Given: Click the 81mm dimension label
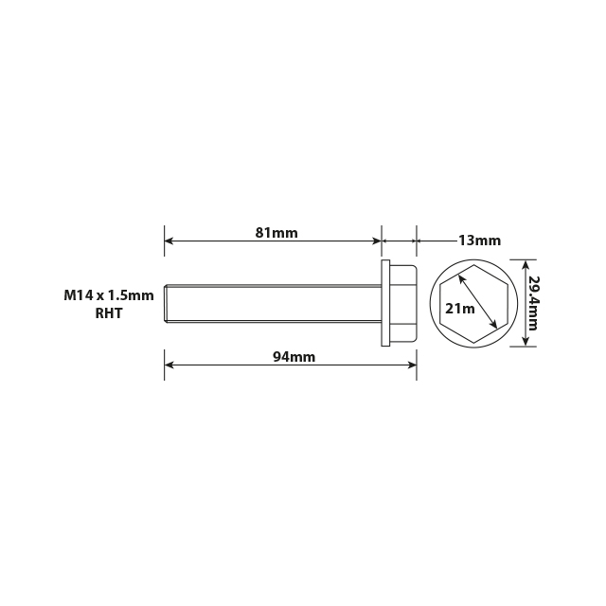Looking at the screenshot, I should [276, 232].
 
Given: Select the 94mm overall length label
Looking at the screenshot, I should [294, 357].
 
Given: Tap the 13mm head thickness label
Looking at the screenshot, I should [479, 241].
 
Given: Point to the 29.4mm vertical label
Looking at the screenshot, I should [533, 303].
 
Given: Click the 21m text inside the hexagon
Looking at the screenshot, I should [459, 308].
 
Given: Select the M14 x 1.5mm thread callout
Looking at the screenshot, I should [109, 295].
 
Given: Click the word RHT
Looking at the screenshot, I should [109, 313].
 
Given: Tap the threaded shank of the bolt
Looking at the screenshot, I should [275, 303].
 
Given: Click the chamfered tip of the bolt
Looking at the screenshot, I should [168, 303].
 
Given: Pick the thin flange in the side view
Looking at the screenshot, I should [385, 303].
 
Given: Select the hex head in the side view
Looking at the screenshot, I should [402, 303].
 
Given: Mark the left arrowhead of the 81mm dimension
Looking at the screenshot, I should [169, 241].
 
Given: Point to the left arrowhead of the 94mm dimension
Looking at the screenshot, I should [169, 365].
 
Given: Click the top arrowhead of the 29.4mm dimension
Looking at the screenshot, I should [526, 263].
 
